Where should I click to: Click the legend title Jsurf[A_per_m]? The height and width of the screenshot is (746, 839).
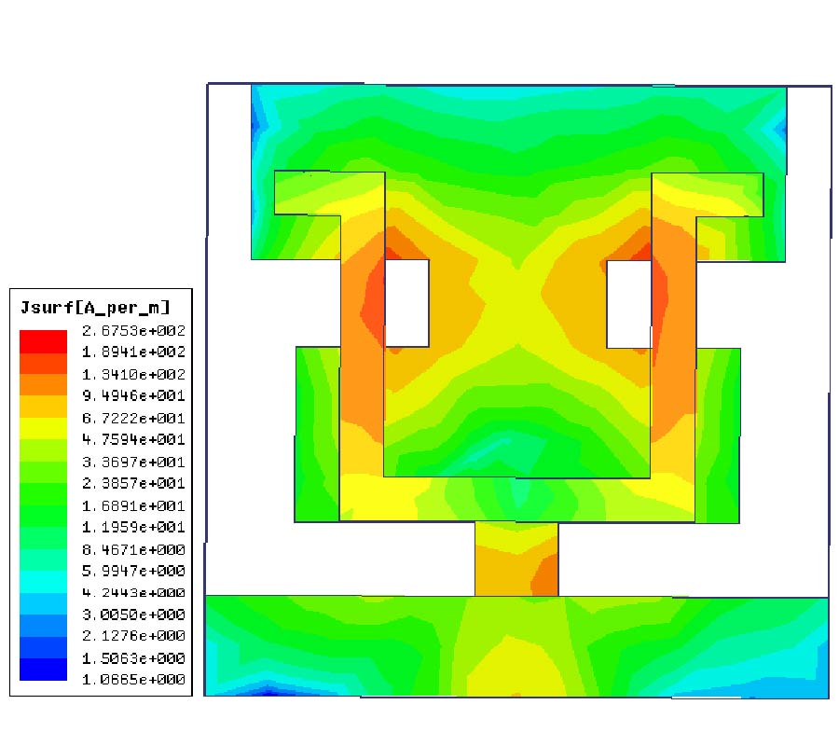tap(95, 308)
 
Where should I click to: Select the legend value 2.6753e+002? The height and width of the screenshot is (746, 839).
tap(133, 331)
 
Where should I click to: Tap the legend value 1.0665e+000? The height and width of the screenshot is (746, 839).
tap(133, 680)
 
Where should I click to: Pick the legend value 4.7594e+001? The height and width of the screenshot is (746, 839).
tap(133, 439)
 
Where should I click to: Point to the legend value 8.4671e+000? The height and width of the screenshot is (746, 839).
tap(133, 548)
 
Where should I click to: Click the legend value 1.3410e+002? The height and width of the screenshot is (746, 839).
tap(133, 374)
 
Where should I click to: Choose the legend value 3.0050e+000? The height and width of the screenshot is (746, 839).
tap(133, 615)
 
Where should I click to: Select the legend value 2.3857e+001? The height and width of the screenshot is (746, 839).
tap(133, 483)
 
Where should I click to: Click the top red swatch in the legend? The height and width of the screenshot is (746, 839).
tap(43, 339)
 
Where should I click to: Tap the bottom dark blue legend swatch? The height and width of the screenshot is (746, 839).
tap(43, 670)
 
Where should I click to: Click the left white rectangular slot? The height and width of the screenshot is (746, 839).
tap(406, 303)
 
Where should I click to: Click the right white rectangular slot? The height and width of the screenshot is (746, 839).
tap(628, 303)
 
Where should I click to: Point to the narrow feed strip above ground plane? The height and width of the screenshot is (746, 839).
tap(516, 558)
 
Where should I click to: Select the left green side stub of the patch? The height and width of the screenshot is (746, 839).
tap(317, 434)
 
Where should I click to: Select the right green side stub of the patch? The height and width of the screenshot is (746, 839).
tap(717, 434)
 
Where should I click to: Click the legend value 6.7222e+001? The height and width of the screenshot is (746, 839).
tap(133, 418)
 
